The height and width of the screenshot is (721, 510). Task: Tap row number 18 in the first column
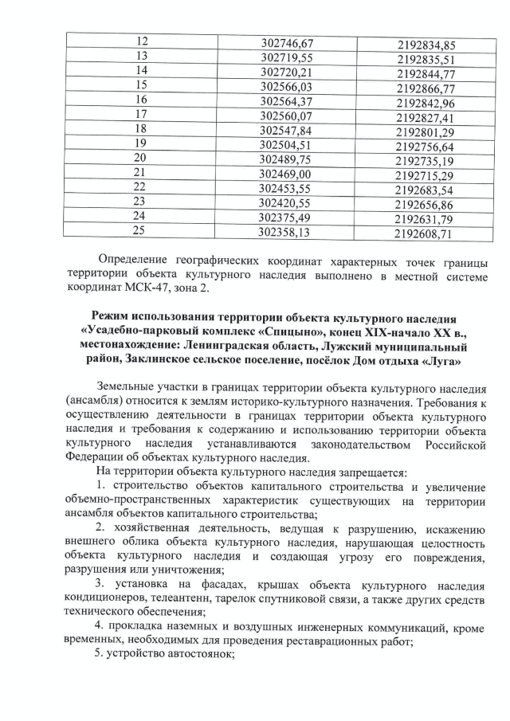click(x=141, y=128)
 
